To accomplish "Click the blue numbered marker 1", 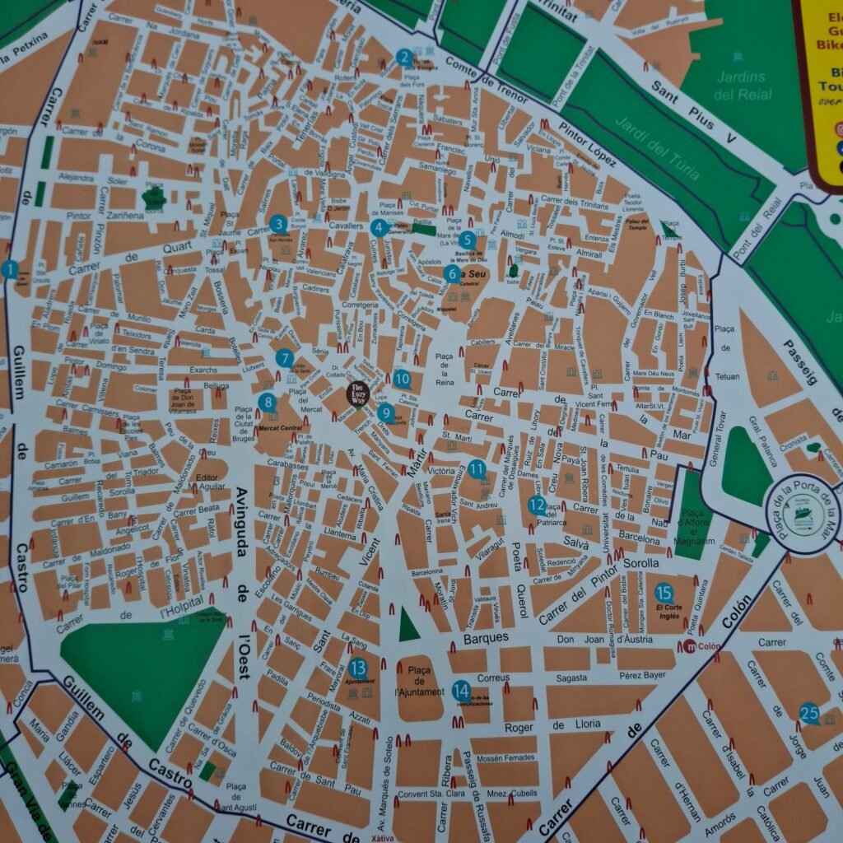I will pyautogui.click(x=10, y=269).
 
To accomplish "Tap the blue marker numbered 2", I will pyautogui.click(x=403, y=58).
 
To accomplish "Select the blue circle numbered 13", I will pyautogui.click(x=357, y=668).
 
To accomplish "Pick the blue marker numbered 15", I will pyautogui.click(x=664, y=593).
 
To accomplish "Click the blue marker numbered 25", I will pyautogui.click(x=809, y=714).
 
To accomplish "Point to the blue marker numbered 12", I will pyautogui.click(x=537, y=505).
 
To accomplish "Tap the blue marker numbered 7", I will pyautogui.click(x=285, y=359).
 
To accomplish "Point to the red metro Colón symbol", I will pyautogui.click(x=690, y=646).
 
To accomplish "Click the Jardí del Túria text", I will pyautogui.click(x=657, y=150).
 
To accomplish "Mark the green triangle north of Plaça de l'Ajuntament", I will pyautogui.click(x=408, y=625).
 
